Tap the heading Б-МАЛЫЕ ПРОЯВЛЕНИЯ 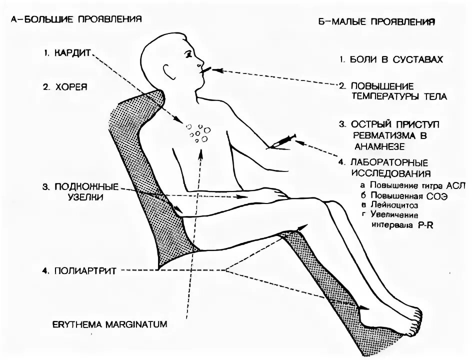[376, 22]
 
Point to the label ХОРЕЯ [71, 86]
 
